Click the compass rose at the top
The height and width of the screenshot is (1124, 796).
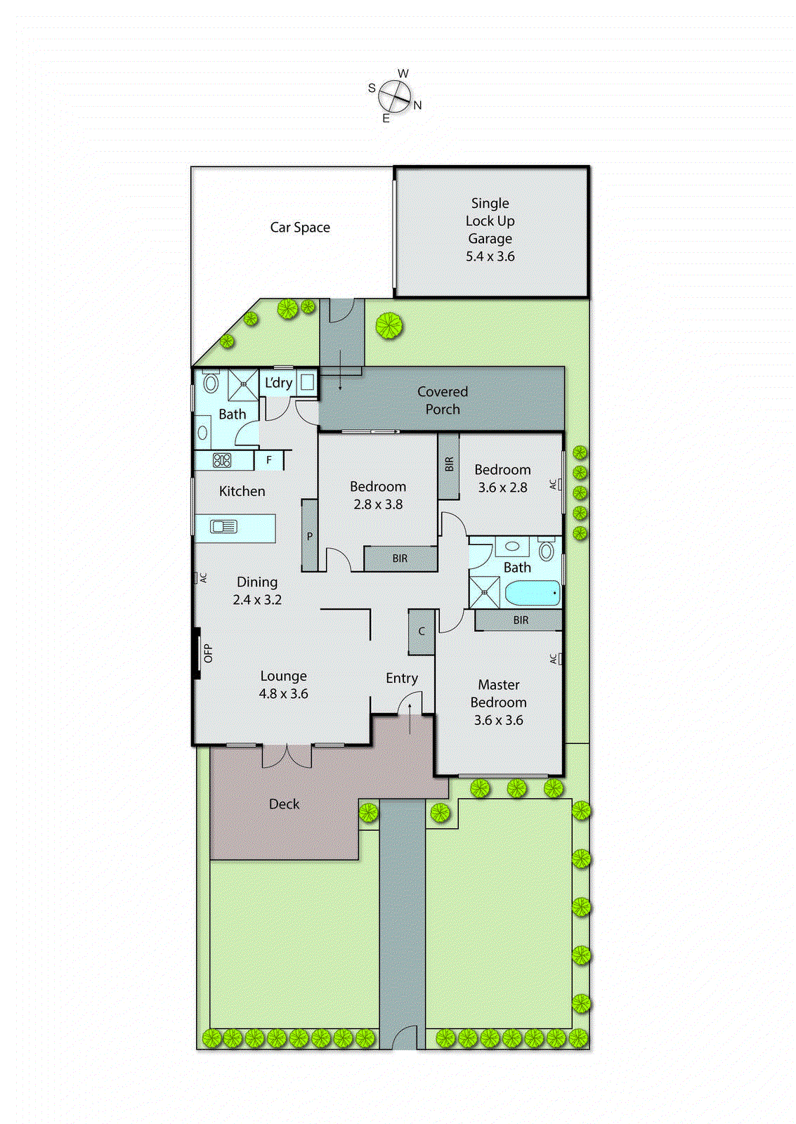click(x=395, y=96)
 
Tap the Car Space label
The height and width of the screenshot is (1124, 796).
click(x=300, y=228)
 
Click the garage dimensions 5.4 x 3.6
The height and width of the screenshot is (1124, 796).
click(x=490, y=256)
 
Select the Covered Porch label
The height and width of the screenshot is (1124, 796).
click(x=442, y=400)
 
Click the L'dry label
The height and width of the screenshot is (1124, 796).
click(x=278, y=383)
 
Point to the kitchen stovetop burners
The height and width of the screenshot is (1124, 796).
click(x=222, y=461)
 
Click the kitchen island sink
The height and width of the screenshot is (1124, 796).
click(x=224, y=526)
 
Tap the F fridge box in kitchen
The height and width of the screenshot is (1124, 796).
click(x=269, y=460)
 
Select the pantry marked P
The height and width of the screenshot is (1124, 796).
click(x=310, y=536)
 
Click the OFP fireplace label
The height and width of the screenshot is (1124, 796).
click(x=208, y=653)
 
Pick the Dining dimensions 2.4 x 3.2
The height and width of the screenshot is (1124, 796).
click(x=257, y=600)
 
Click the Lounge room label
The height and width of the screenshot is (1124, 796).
click(x=284, y=676)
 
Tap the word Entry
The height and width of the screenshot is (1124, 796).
click(x=402, y=678)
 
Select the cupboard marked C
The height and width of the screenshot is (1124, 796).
click(x=422, y=632)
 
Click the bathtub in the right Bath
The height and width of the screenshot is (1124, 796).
click(x=533, y=594)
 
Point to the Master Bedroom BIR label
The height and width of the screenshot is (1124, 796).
click(x=521, y=620)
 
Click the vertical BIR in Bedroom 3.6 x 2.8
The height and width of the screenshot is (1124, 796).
click(x=449, y=464)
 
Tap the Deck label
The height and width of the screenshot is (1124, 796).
click(x=284, y=804)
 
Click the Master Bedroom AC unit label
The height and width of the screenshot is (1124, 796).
click(x=554, y=659)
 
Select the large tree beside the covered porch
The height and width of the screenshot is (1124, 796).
click(x=389, y=325)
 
